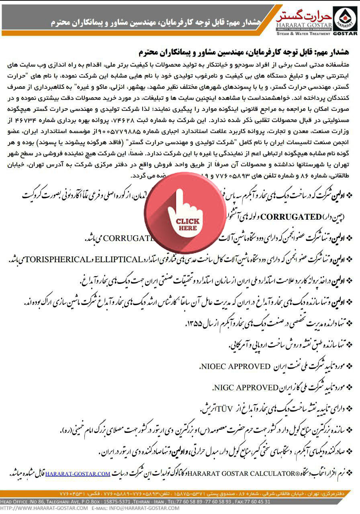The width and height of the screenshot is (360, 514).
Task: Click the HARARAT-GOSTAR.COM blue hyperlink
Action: pos(78,474)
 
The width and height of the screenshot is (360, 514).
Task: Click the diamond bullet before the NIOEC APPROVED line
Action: pos(349,366)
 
